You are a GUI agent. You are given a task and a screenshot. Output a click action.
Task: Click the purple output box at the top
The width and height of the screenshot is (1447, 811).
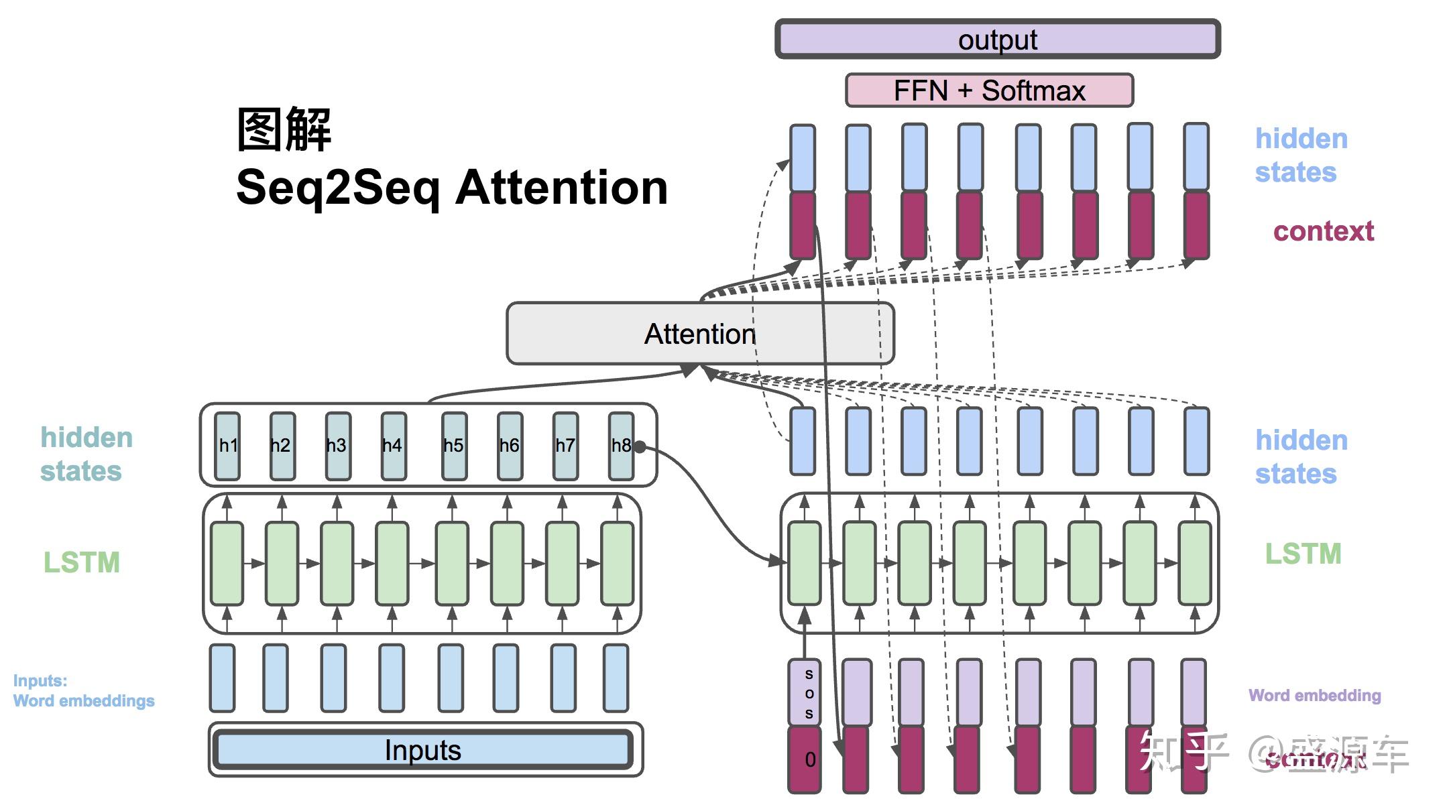[x=997, y=39]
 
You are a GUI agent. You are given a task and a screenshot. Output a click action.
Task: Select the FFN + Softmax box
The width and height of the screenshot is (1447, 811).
[x=989, y=90]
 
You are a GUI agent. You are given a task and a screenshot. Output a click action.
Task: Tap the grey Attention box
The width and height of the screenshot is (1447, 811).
[x=699, y=334]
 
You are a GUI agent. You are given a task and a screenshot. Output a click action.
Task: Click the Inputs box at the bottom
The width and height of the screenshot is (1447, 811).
[x=422, y=750]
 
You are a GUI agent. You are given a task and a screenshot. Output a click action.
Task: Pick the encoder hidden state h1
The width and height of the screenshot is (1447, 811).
[x=227, y=446]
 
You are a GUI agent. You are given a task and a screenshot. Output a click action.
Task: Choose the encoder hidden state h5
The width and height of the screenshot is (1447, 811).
[x=454, y=446]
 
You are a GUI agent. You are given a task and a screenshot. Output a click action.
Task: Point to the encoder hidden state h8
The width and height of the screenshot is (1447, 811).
[x=620, y=446]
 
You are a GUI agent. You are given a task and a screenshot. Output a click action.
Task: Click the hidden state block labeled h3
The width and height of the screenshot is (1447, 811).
[x=337, y=446]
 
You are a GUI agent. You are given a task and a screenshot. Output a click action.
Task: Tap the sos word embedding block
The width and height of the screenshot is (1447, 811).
[x=804, y=692]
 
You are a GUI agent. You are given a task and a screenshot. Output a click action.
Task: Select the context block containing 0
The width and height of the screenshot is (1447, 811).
[x=804, y=759]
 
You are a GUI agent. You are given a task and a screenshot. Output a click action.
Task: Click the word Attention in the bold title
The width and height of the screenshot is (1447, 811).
[x=561, y=188]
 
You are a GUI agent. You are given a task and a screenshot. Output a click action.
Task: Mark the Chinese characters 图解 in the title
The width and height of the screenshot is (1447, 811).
[x=284, y=129]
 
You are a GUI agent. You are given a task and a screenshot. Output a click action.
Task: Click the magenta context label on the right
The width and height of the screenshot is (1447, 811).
[x=1323, y=231]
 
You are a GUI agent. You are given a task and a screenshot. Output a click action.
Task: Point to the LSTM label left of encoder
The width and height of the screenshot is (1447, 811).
[x=81, y=562]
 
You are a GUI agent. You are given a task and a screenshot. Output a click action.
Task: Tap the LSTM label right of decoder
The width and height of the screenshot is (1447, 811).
[x=1303, y=554]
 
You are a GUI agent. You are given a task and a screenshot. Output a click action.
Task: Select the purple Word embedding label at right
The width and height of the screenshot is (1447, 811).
[x=1314, y=696]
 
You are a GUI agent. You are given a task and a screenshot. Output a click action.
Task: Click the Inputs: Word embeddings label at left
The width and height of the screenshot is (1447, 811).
[x=83, y=691]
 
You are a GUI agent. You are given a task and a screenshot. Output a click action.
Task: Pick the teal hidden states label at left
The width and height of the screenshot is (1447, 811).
[x=86, y=454]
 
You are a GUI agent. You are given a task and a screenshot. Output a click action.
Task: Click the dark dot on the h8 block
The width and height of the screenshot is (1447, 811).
[x=640, y=447]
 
